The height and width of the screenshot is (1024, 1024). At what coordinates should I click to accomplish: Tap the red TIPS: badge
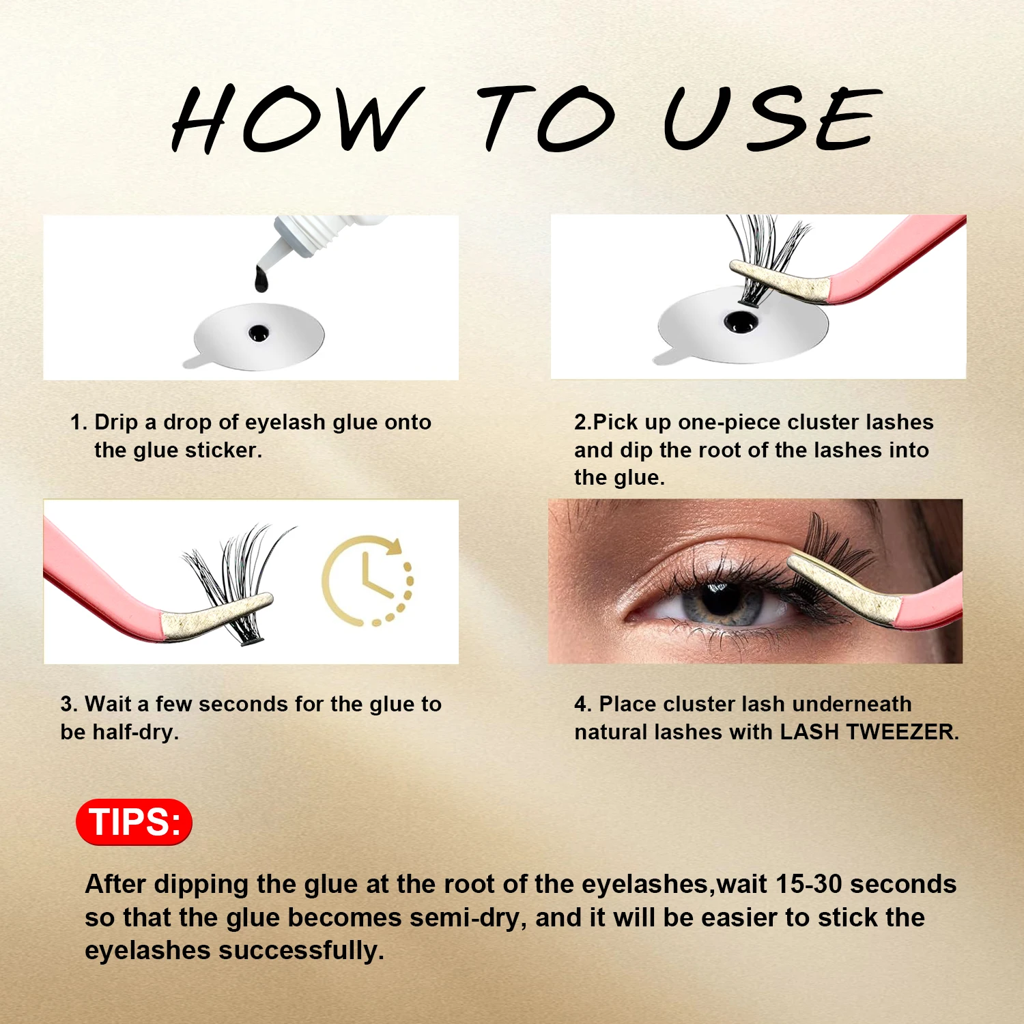(134, 821)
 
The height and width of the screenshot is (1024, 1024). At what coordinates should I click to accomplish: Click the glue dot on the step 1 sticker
(259, 332)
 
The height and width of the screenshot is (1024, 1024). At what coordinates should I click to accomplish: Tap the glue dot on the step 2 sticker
(740, 320)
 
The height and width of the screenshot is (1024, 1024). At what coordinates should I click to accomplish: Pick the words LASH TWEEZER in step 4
(867, 732)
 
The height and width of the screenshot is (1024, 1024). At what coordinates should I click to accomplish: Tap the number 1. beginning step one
(79, 423)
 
